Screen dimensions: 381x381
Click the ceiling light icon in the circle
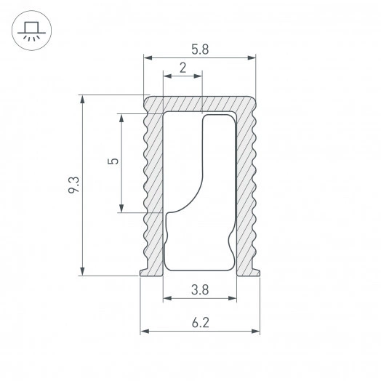pos(30,30)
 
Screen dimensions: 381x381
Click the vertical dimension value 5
pos(111,163)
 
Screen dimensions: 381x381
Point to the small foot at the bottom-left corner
pos(143,272)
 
